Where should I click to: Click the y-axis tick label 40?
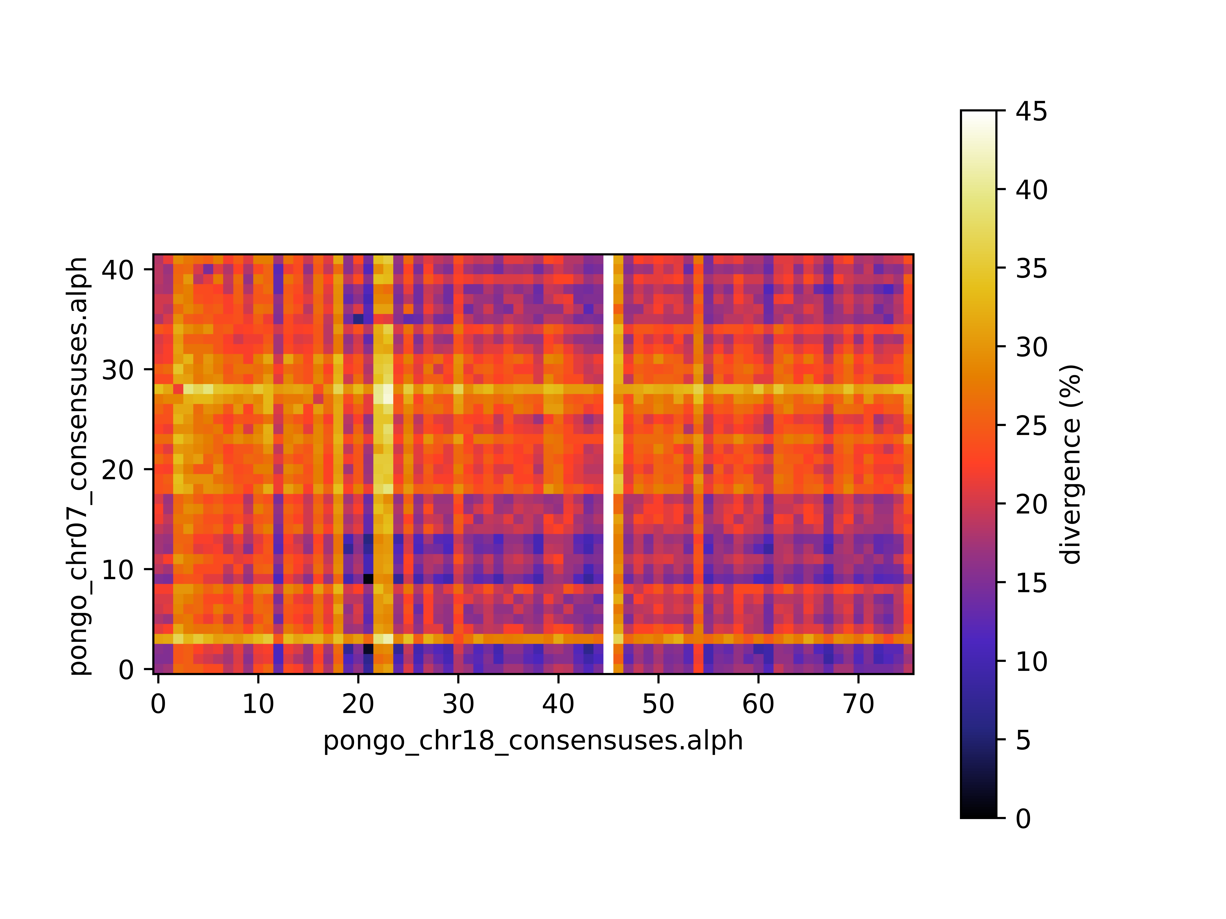[x=117, y=270]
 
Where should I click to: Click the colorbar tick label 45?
[x=1031, y=111]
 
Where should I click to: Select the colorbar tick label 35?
[x=1031, y=269]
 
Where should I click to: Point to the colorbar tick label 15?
[x=1031, y=583]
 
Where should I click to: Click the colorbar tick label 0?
[x=1023, y=818]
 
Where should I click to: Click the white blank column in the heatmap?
[x=608, y=464]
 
